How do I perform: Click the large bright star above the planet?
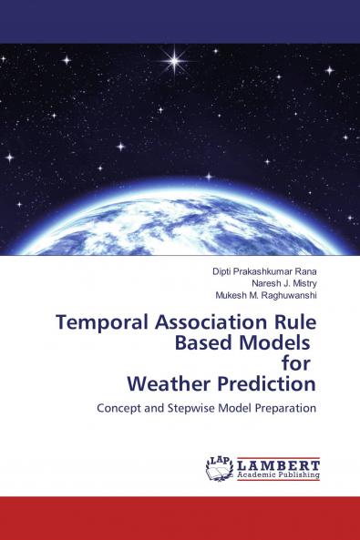[x=172, y=61]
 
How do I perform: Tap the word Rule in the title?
[x=293, y=322]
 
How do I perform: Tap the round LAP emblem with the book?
[x=220, y=468]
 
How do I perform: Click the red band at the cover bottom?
[x=180, y=518]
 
